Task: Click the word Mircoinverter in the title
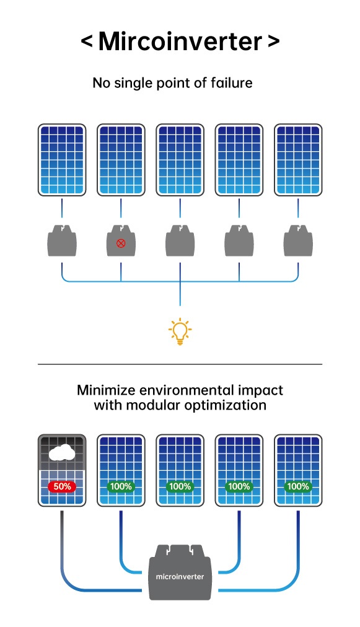coord(180,42)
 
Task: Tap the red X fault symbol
coord(121,243)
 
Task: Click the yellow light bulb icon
coord(180,331)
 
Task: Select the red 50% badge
coord(61,486)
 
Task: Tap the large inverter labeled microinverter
coord(180,572)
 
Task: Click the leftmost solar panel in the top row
coord(61,159)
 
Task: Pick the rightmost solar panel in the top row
coord(298,159)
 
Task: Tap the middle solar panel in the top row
coord(180,159)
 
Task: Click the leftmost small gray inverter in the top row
coord(61,240)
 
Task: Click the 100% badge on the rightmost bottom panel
coord(298,486)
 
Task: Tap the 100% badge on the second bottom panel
coord(121,486)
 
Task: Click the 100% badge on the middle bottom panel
coord(180,486)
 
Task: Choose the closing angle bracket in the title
coord(273,42)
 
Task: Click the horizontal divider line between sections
coord(180,364)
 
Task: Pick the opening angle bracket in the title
coord(87,42)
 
